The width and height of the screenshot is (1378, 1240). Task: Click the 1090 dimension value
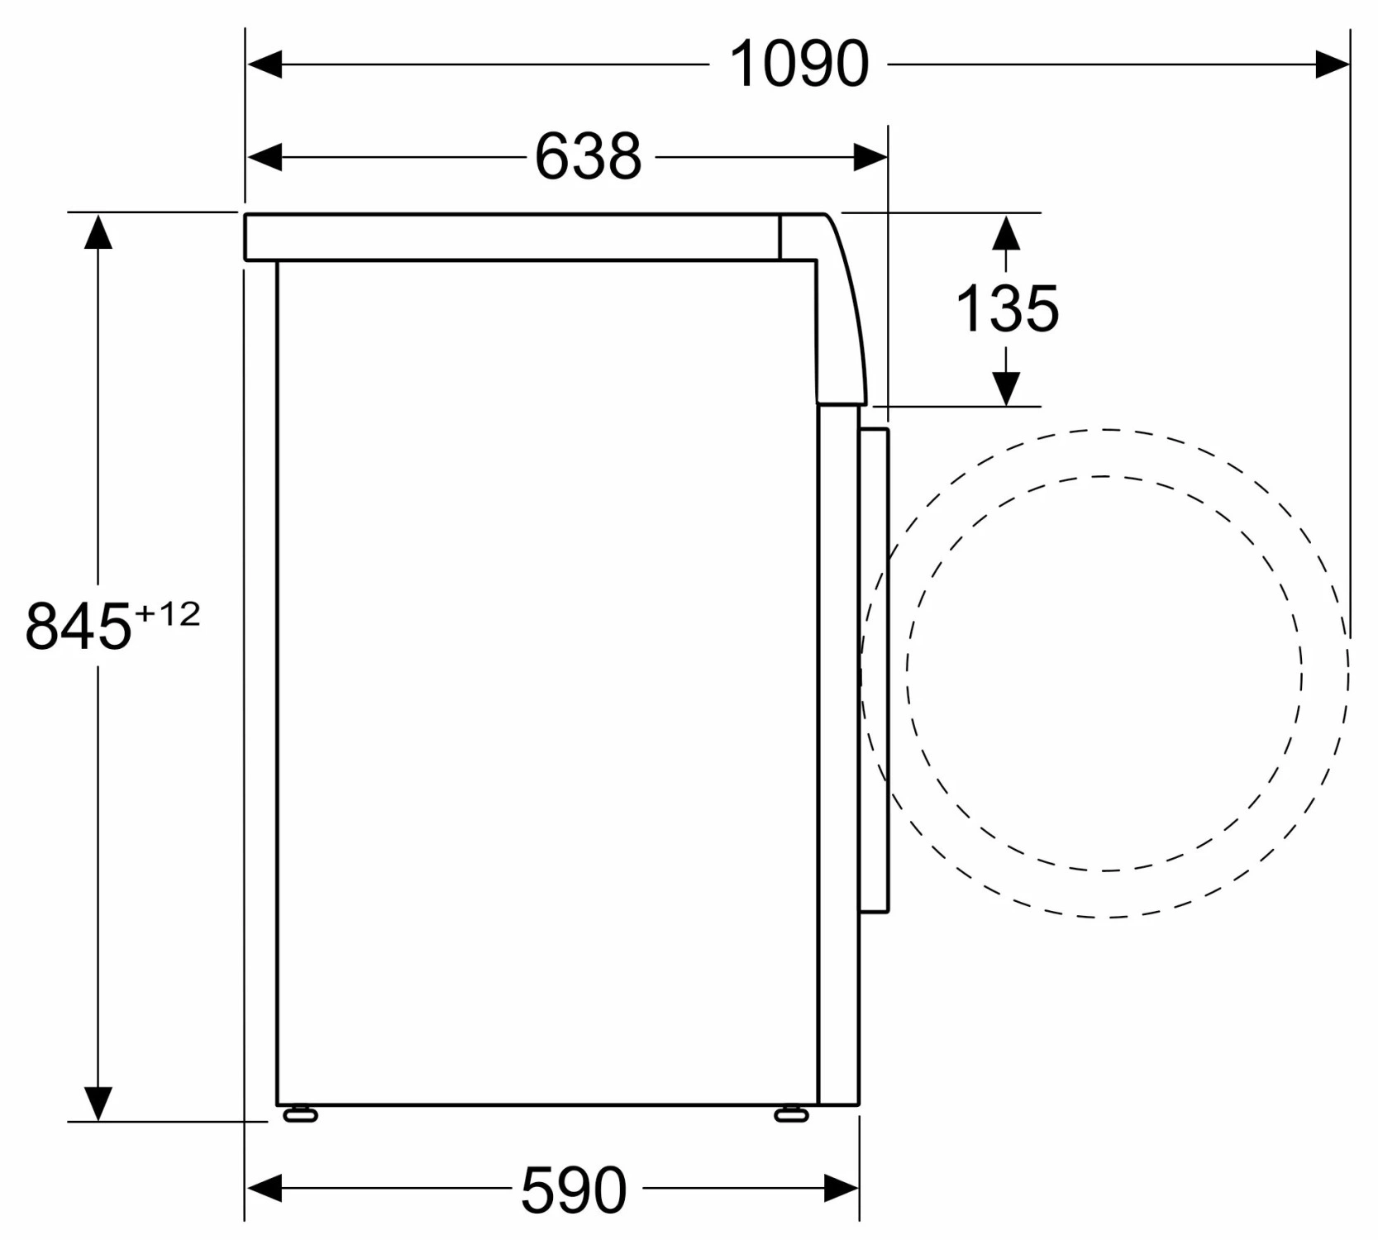tap(799, 64)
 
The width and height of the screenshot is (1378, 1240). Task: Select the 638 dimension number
tap(588, 156)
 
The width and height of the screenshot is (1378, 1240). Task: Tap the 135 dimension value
tap(1007, 308)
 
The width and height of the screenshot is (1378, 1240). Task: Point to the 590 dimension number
tap(574, 1190)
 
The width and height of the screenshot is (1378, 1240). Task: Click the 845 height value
tap(79, 626)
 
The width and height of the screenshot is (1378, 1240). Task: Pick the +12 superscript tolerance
tap(167, 613)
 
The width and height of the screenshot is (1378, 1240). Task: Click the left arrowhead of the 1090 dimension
tap(265, 64)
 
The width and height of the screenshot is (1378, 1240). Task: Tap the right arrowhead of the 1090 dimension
tap(1333, 64)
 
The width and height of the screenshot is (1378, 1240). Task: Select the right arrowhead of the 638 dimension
tap(870, 156)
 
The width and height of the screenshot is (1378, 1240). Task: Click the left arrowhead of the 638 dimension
tap(265, 156)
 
